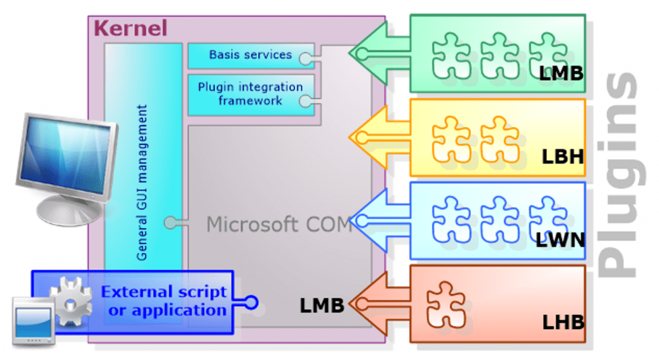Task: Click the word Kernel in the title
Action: (130, 28)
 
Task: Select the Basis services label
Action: (250, 55)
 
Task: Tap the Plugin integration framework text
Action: (250, 94)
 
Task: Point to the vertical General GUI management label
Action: (142, 183)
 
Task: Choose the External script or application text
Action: (164, 301)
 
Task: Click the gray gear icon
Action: (71, 301)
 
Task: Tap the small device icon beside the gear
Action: (33, 322)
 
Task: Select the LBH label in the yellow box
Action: (562, 157)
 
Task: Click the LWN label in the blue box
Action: (561, 240)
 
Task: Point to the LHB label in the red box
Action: (563, 323)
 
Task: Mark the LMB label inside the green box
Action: (561, 73)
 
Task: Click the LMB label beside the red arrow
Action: (322, 305)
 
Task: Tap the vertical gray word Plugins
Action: (620, 175)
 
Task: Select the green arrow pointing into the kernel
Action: (379, 53)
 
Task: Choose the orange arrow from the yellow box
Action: (379, 137)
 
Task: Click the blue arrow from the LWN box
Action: (379, 220)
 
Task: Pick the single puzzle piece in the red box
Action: (446, 305)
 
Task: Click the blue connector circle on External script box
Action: (252, 302)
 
